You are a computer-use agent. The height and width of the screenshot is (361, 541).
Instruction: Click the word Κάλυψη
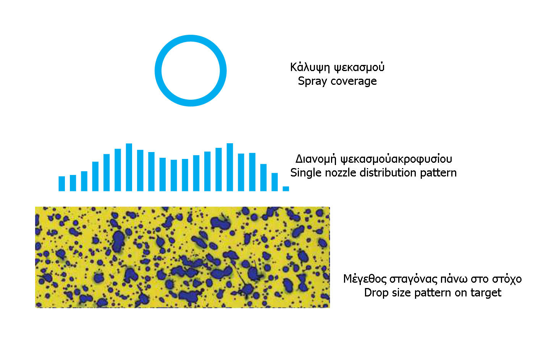coord(310,67)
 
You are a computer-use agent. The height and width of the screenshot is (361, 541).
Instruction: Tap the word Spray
coord(312,81)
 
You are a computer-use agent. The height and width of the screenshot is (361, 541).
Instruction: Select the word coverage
coord(354,81)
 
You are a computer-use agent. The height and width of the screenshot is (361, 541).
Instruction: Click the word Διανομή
coord(316,159)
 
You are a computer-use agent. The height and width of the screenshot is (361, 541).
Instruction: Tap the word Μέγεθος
coord(365,279)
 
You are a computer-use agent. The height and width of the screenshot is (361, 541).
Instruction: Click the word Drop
coord(376,293)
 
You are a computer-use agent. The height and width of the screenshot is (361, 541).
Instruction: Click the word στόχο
coord(507,279)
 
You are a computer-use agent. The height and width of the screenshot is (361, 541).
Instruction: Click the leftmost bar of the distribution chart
coord(61,184)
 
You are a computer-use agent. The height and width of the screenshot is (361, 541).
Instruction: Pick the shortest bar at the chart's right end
coord(286,189)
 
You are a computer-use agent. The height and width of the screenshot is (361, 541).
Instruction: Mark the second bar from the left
coord(73,183)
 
